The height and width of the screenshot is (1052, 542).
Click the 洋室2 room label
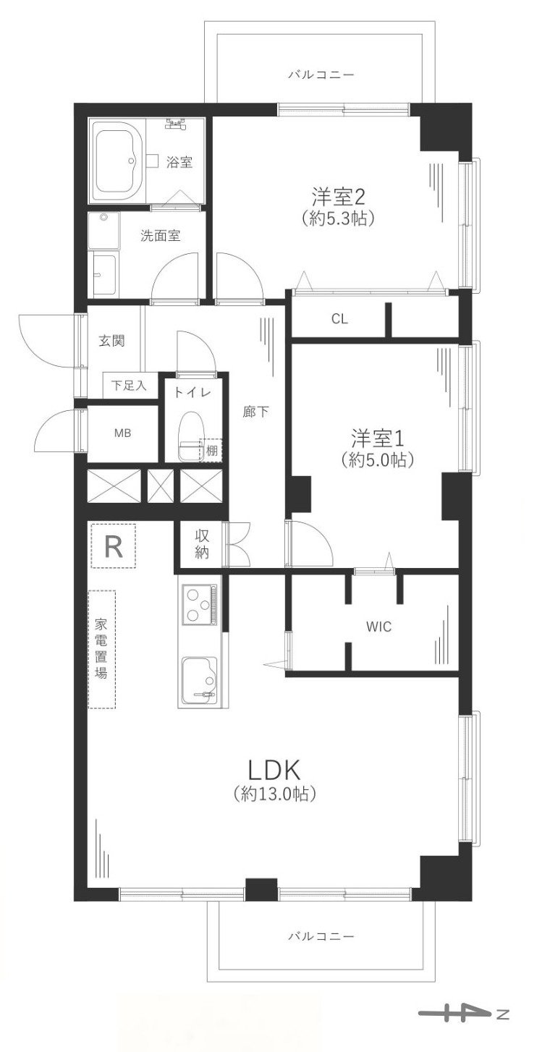tap(337, 195)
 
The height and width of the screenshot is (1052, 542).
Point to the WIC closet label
tap(378, 627)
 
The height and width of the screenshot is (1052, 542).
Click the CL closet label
tap(339, 318)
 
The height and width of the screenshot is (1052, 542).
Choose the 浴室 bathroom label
tap(179, 162)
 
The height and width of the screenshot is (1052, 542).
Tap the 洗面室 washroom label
tap(160, 235)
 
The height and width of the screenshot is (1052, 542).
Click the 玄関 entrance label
tap(111, 341)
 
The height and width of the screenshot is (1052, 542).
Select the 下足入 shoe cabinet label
tap(129, 386)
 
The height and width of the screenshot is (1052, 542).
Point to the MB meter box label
tap(122, 433)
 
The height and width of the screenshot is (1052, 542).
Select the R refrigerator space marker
tap(114, 546)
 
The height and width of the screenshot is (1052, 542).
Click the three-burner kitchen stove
tap(199, 603)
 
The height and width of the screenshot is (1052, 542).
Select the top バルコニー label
tap(321, 75)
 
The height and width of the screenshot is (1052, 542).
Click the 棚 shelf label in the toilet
tap(211, 450)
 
